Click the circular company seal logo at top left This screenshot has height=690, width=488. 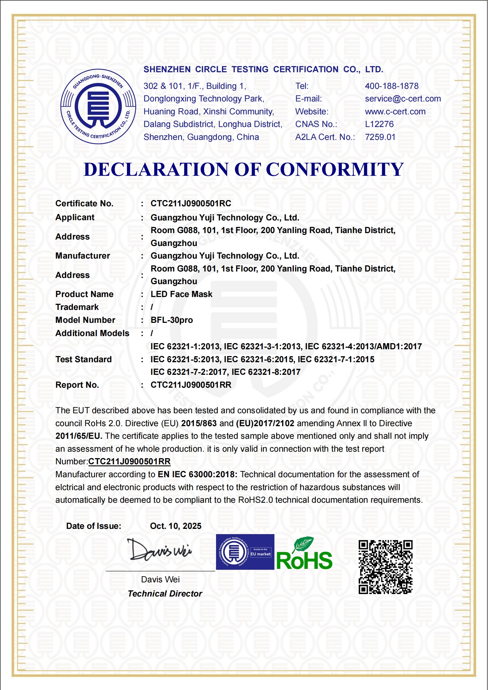98,106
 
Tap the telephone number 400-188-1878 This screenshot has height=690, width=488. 392,86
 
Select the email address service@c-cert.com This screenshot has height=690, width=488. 403,99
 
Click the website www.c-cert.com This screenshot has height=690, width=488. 395,112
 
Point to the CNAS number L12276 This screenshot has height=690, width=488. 379,124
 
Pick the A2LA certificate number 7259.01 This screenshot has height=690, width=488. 380,137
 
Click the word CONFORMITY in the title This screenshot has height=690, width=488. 334,169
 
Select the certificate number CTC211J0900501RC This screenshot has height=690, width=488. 191,204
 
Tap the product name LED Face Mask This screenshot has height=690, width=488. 181,294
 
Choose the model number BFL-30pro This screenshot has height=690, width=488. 171,320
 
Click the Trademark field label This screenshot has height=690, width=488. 77,307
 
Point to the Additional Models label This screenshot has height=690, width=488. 92,333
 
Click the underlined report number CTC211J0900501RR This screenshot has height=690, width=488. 129,462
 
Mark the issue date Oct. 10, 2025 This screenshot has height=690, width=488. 175,526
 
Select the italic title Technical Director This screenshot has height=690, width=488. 165,594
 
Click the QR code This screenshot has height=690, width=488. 385,567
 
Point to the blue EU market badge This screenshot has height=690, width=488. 245,552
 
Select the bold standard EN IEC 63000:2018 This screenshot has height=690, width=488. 197,474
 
